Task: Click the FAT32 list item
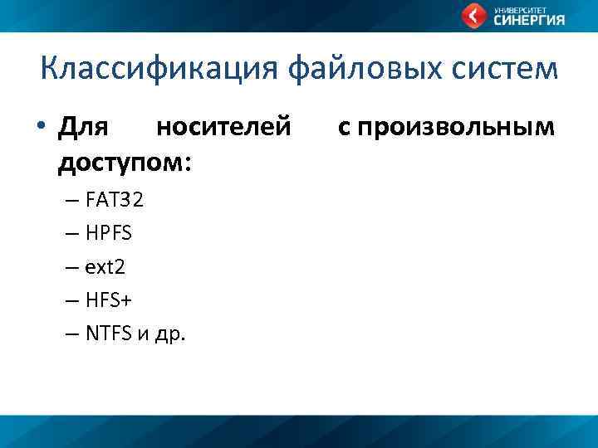click(x=115, y=200)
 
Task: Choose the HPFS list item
click(x=108, y=234)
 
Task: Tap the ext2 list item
click(x=105, y=267)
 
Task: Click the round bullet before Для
click(x=40, y=129)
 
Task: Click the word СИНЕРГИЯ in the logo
click(x=529, y=21)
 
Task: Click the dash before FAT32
click(x=71, y=201)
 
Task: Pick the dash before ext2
click(x=71, y=268)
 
